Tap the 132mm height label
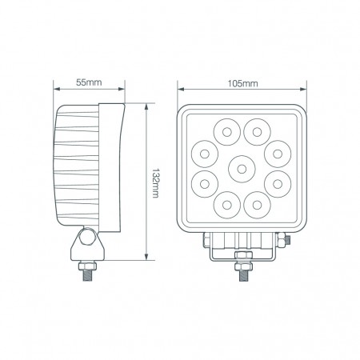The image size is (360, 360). pos(157,182)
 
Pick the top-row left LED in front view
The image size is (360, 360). pos(225,130)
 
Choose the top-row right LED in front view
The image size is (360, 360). pos(256,130)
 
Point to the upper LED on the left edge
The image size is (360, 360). pos(204,151)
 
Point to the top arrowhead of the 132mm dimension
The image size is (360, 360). pos(146,105)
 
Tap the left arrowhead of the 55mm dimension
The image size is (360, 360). pos(55,89)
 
